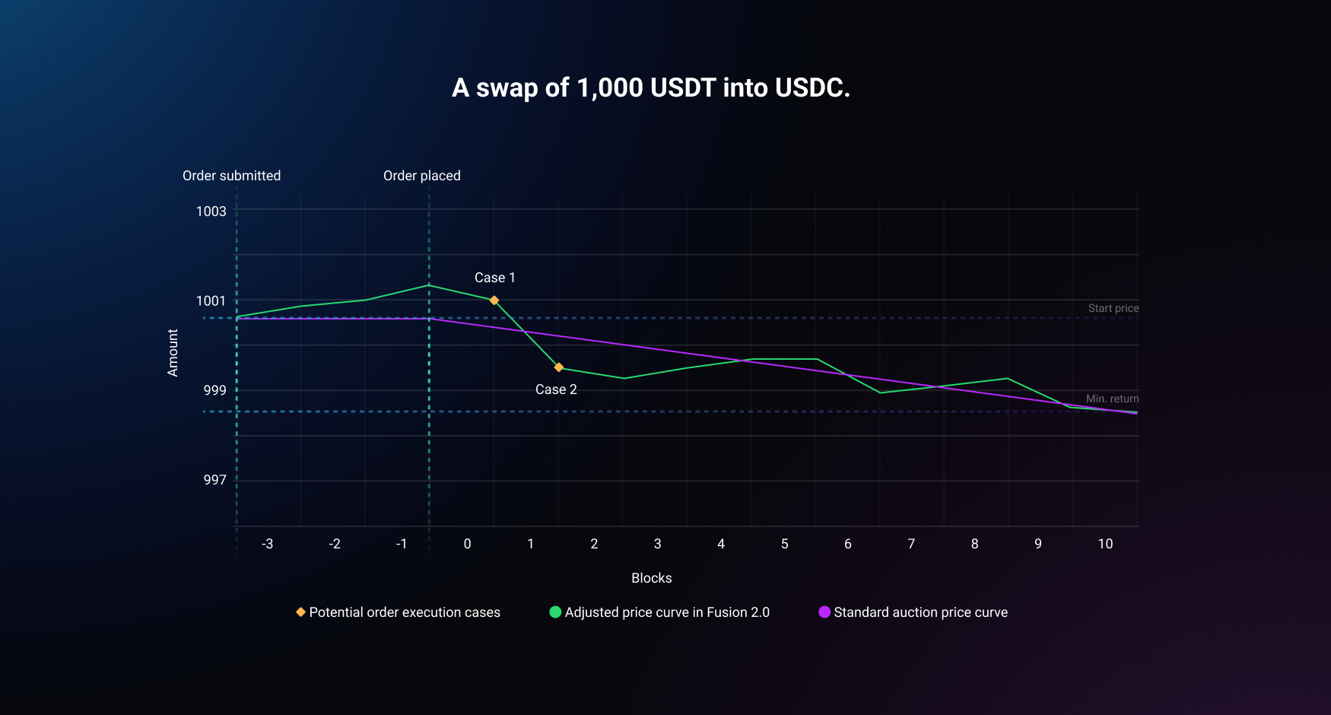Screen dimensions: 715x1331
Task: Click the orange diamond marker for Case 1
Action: [494, 300]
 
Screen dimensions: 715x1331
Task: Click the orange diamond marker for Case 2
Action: [559, 367]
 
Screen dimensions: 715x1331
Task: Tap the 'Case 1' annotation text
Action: [495, 278]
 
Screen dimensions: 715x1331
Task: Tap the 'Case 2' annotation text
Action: [556, 389]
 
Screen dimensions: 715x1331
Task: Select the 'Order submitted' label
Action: [231, 176]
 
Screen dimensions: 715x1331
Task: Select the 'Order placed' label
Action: [422, 176]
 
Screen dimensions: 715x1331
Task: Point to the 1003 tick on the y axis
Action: [211, 211]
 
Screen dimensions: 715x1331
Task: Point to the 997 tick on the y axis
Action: [214, 480]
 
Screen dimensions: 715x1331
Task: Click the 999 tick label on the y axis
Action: [214, 390]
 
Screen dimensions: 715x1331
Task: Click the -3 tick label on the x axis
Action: [268, 544]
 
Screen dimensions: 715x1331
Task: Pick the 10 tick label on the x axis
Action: [1105, 544]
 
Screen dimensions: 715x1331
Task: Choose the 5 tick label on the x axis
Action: [784, 544]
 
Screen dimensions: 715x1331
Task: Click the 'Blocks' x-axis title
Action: [652, 578]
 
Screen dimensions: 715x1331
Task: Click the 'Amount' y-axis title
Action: [173, 353]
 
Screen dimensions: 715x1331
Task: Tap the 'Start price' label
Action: [1113, 308]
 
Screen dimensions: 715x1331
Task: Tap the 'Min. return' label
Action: [1112, 399]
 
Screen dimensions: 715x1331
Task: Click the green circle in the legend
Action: [555, 612]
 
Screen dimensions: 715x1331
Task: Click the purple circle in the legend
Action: [824, 612]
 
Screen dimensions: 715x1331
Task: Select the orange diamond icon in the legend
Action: [300, 612]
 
